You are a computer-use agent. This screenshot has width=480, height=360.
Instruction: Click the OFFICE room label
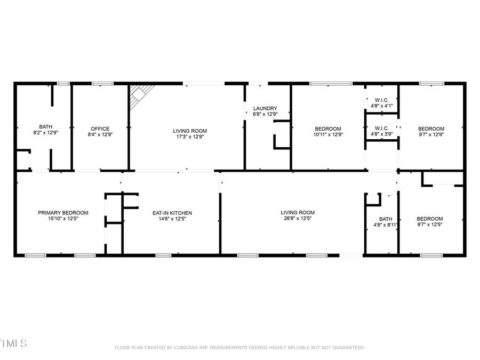click(100, 129)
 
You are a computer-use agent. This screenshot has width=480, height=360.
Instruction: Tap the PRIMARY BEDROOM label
click(63, 212)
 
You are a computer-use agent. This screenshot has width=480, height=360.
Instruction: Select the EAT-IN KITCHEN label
click(172, 213)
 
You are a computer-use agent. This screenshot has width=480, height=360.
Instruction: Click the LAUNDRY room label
click(265, 108)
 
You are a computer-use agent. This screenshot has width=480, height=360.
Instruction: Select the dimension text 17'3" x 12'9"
click(190, 137)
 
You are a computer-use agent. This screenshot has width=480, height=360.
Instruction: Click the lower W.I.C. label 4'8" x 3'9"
click(381, 134)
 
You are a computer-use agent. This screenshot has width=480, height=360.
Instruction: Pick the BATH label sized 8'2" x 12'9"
click(45, 132)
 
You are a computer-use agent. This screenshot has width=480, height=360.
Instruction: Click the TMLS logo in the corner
click(14, 343)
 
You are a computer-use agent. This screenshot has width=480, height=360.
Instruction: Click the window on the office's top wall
click(102, 83)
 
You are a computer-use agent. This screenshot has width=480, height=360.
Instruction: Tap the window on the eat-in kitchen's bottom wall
click(163, 255)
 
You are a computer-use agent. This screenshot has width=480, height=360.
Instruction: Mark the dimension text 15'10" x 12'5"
click(63, 219)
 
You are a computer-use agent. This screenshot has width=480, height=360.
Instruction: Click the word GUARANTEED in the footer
click(347, 348)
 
